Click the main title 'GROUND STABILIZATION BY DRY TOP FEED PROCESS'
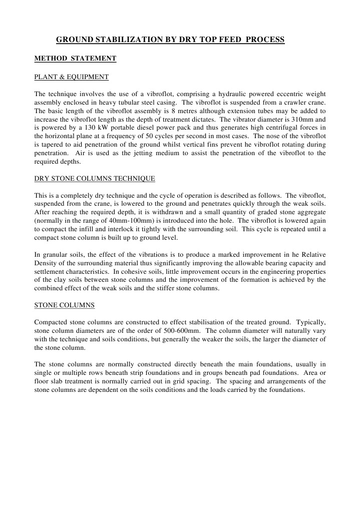coord(170,39)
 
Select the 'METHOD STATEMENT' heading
coord(75,59)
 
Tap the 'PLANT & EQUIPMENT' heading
coord(71,77)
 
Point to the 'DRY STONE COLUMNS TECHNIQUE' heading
coord(95,178)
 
